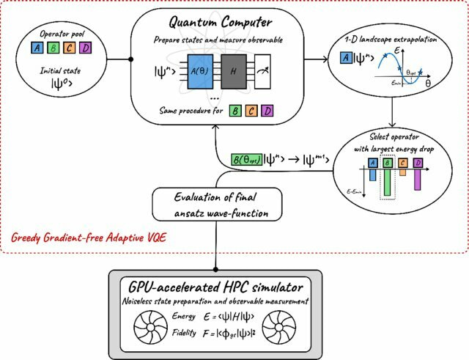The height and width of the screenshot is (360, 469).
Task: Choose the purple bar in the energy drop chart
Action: [418, 178]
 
